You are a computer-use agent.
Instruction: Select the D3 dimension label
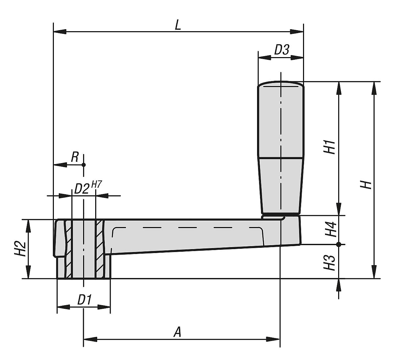coord(281,50)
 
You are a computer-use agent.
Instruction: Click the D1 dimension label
coord(84,300)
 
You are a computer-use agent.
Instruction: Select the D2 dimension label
coord(81,189)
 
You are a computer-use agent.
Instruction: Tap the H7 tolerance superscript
coord(96,184)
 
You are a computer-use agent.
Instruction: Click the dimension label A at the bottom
coord(177,332)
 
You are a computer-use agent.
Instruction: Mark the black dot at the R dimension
coord(84,164)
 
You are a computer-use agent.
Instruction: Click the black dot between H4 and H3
coord(339,244)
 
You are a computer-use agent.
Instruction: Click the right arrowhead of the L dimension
coord(297,32)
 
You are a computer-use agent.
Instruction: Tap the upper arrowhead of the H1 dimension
coord(339,88)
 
